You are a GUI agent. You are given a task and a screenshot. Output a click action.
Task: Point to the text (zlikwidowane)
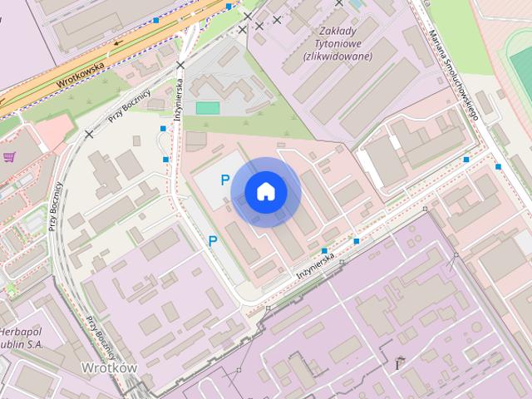click(337, 57)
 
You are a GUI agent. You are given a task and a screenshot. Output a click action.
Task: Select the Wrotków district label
click(109, 367)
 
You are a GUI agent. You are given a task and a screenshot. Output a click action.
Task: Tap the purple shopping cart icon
click(9, 156)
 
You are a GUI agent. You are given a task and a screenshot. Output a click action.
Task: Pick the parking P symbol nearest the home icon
click(224, 180)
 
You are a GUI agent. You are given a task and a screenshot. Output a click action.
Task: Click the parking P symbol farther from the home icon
click(213, 241)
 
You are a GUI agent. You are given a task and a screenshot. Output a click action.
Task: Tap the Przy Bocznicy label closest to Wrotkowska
click(127, 106)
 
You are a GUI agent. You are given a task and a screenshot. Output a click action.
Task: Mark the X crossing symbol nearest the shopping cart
click(88, 134)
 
